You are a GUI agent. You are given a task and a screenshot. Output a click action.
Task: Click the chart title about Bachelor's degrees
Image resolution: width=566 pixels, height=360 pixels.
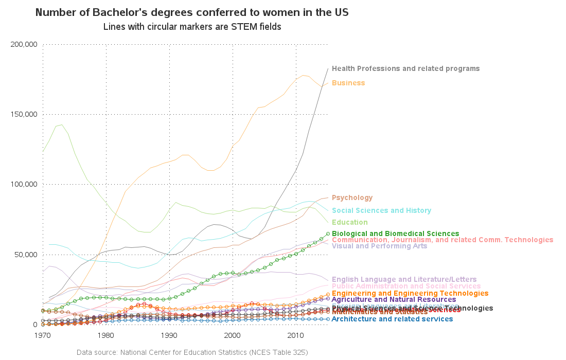pyautogui.click(x=192, y=12)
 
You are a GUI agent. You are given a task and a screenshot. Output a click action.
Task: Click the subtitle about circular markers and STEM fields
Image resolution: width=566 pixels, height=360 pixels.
pyautogui.click(x=192, y=26)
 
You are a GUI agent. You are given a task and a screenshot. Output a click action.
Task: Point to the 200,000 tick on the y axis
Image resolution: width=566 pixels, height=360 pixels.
pyautogui.click(x=24, y=44)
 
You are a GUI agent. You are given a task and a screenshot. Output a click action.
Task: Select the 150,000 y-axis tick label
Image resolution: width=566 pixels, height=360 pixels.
pyautogui.click(x=24, y=114)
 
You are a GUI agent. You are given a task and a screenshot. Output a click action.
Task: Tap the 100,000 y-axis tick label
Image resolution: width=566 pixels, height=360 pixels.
pyautogui.click(x=24, y=184)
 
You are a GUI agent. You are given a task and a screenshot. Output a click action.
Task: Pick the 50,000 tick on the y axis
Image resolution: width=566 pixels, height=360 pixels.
pyautogui.click(x=26, y=254)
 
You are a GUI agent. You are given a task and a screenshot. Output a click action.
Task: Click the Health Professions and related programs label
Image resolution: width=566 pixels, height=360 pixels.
pyautogui.click(x=405, y=68)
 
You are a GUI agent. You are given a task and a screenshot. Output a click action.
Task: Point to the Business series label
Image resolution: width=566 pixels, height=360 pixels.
pyautogui.click(x=348, y=83)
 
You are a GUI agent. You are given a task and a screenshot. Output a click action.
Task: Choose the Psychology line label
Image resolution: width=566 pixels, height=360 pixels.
pyautogui.click(x=352, y=197)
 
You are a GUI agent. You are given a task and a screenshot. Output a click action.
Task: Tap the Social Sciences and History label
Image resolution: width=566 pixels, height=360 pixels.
pyautogui.click(x=381, y=210)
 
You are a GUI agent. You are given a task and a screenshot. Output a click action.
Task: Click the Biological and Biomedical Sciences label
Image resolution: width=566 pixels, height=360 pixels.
pyautogui.click(x=395, y=233)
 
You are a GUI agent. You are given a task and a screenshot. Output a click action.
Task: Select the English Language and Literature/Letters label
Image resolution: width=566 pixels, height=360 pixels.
pyautogui.click(x=404, y=279)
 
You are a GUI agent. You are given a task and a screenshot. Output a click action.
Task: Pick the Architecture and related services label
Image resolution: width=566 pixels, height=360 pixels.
pyautogui.click(x=392, y=319)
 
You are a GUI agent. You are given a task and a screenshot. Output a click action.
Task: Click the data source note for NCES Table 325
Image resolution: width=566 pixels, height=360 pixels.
pyautogui.click(x=192, y=352)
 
